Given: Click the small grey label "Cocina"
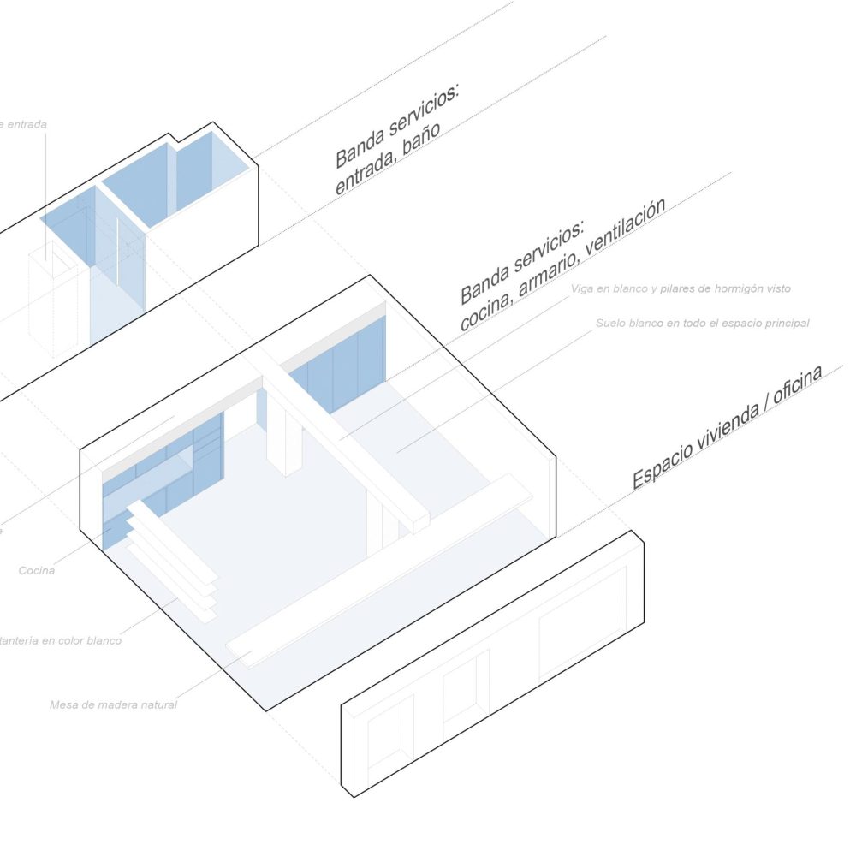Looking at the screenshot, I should (37, 570).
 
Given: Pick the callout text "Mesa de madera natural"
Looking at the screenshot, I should (113, 705).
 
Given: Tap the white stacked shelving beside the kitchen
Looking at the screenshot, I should (171, 561).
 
